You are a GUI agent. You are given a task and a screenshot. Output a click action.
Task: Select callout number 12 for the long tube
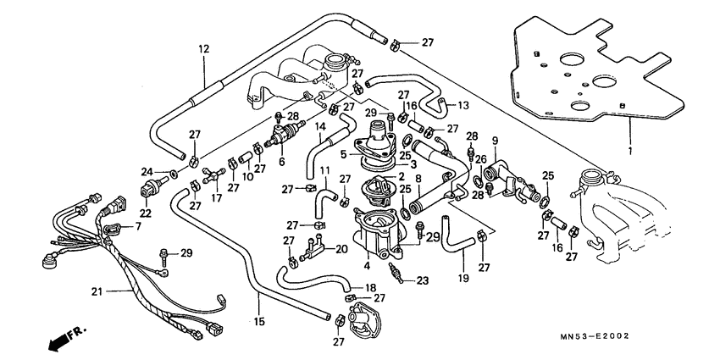click(203, 49)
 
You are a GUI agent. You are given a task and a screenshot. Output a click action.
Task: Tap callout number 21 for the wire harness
click(98, 291)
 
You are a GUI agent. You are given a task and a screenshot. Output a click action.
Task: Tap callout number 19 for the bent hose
click(463, 278)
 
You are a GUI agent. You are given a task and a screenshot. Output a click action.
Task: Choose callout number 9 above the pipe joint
click(496, 140)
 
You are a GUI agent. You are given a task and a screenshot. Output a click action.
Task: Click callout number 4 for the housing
click(368, 265)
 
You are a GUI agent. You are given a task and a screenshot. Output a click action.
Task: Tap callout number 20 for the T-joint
click(341, 249)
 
